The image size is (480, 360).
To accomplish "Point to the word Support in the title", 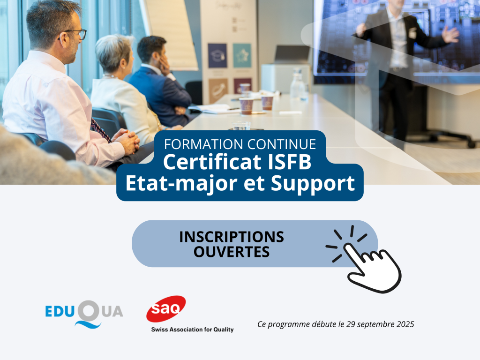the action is pos(313,184).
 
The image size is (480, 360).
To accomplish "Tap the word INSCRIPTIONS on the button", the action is pos(232,237).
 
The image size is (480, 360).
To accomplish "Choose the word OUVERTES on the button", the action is pos(232,252).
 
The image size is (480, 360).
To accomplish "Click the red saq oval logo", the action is pos(166,308).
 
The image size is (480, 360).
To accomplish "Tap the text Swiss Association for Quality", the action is pos(192,330).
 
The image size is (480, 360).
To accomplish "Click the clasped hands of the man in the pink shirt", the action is pos(128,141).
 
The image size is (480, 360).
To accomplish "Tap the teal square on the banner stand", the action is pos(242,55).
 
